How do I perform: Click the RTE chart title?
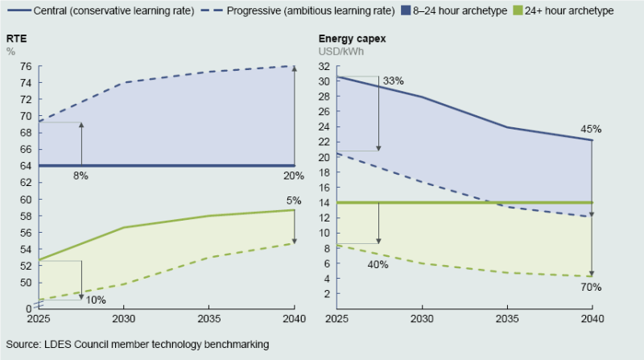(x=15, y=39)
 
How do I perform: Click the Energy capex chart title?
(x=352, y=39)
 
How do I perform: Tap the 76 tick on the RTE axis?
(x=25, y=66)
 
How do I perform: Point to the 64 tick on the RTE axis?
(x=25, y=166)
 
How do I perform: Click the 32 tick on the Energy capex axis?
(x=324, y=66)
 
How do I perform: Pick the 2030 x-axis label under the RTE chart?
(x=123, y=318)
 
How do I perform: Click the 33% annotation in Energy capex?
(x=393, y=81)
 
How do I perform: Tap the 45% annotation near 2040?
(x=591, y=129)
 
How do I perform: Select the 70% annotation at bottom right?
(x=591, y=287)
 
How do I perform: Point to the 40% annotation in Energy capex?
(x=378, y=264)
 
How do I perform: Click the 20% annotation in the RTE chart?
(x=293, y=176)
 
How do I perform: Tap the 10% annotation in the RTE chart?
(x=96, y=300)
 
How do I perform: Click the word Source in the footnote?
(x=23, y=344)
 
